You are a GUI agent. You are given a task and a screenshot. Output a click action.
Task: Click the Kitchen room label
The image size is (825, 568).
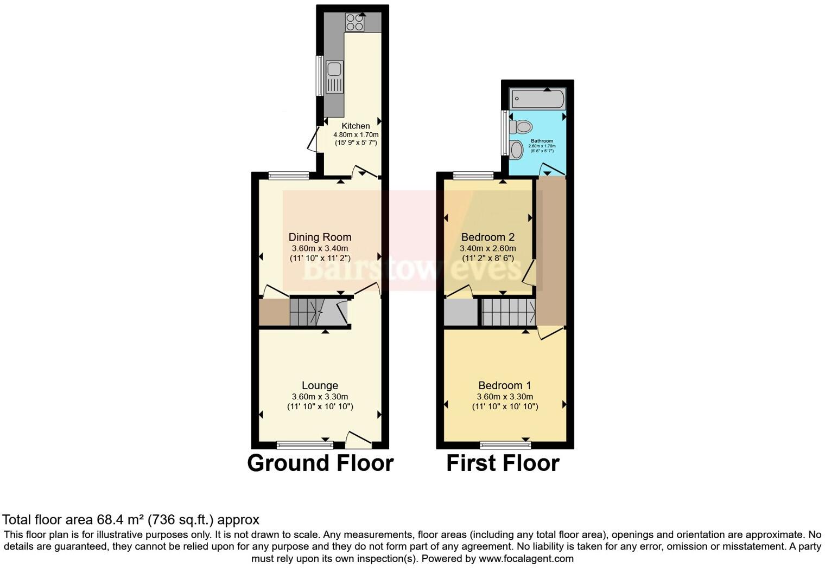coord(356,126)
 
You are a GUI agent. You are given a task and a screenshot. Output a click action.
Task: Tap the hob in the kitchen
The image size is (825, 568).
coord(354,22)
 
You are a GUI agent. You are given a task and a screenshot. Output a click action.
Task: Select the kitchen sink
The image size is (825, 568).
coord(334,76)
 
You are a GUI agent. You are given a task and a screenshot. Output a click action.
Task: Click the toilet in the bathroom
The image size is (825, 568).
coord(521,127)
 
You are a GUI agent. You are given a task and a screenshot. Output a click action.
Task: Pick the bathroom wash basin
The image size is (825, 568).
coord(517,150)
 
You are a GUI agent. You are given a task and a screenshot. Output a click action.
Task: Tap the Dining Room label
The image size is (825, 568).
coord(320,237)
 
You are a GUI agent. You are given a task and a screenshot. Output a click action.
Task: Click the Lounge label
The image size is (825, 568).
coord(320,385)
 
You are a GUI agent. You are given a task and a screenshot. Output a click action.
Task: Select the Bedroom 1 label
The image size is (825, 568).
coord(504,385)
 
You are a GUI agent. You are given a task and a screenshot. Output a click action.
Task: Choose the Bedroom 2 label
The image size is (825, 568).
coord(487,237)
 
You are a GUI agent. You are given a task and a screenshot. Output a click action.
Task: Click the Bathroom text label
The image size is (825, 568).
coord(542,141)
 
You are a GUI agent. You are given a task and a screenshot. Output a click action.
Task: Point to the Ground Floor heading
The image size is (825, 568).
coord(320,463)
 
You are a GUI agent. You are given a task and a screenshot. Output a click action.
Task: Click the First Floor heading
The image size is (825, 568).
coord(503,463)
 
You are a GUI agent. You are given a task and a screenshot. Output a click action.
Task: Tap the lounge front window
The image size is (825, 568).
coord(304,445)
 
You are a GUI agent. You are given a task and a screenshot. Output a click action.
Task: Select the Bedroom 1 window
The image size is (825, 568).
coord(505,445)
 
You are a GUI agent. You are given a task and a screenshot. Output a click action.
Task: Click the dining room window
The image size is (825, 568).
coord(289,175)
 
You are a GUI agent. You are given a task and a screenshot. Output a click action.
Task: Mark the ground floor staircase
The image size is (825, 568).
coord(313,312)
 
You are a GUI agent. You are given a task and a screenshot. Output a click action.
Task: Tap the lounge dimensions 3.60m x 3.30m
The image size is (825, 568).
coord(320,397)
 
